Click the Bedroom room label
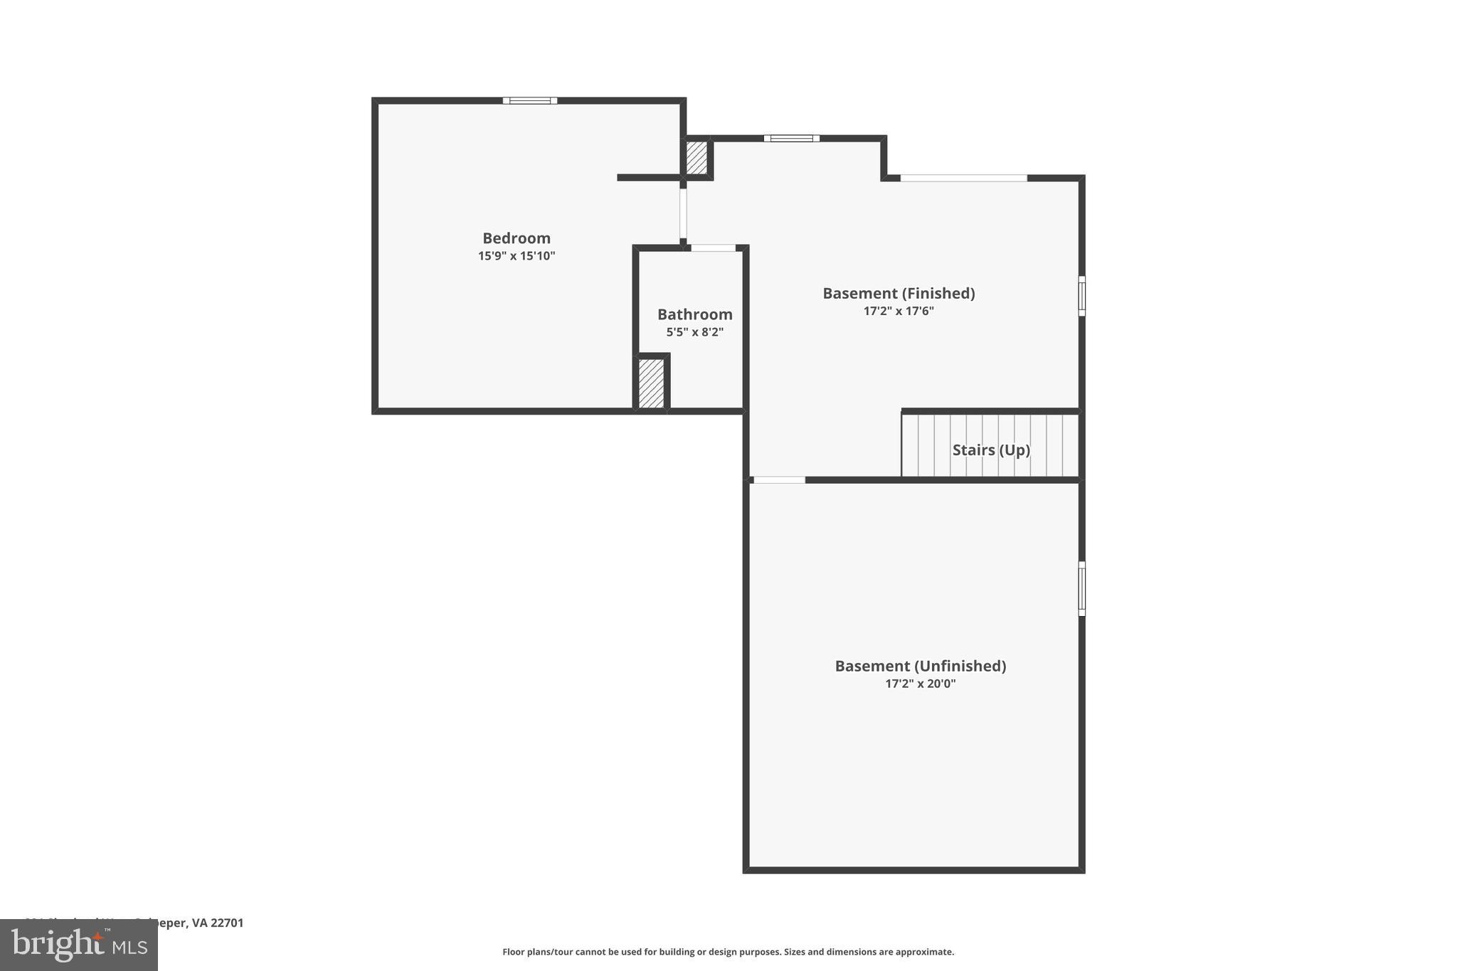pos(516,238)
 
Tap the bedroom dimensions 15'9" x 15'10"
pos(516,256)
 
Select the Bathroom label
pos(694,314)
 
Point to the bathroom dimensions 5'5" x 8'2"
pos(694,332)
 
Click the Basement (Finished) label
pos(899,293)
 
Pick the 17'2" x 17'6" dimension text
pos(899,311)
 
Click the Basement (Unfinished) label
pos(920,666)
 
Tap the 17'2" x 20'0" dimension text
pos(920,684)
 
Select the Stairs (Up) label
pos(991,450)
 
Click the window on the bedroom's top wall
pos(530,100)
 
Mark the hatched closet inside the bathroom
pos(651,383)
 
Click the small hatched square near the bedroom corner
pos(696,157)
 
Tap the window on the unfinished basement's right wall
pos(1082,588)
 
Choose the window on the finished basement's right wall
pos(1082,296)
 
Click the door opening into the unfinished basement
pos(779,480)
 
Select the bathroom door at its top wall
pos(713,248)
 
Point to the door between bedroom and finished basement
pos(683,213)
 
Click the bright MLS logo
pos(79,945)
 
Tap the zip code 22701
pos(227,923)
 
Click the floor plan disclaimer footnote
pos(728,952)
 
